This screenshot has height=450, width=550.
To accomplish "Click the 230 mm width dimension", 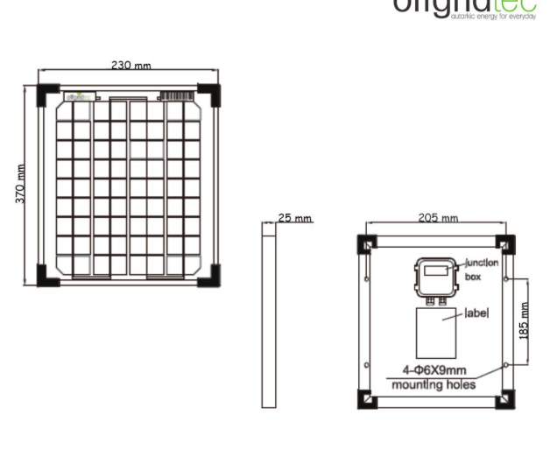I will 130,65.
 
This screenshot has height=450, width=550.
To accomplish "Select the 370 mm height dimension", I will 20,184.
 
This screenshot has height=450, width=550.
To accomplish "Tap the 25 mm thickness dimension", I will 295,218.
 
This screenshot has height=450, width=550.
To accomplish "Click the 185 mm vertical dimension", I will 525,320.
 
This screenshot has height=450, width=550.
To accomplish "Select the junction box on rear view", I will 434,278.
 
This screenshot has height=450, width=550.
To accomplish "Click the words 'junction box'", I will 481,269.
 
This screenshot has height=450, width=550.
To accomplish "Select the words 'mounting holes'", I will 433,384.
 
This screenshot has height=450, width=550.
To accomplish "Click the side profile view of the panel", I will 268,314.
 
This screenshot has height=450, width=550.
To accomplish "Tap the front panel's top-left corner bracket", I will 47,95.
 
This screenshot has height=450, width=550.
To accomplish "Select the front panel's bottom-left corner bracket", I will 47,274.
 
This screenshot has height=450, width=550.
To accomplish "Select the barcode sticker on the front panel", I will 177,94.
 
